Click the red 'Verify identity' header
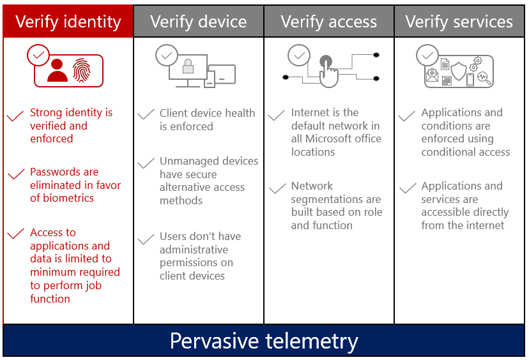(68, 22)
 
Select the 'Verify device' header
(198, 22)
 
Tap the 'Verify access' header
(328, 22)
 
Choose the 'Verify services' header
(459, 22)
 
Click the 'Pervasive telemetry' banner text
(264, 341)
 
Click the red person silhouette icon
(57, 70)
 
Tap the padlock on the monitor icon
(188, 66)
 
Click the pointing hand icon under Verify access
(328, 71)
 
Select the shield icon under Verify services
(459, 69)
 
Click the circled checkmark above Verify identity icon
(38, 56)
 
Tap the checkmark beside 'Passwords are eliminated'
(15, 175)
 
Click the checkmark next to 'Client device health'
(146, 115)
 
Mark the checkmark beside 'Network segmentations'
(277, 189)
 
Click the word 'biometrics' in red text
(68, 198)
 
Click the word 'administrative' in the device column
(194, 250)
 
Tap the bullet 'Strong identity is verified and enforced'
(71, 126)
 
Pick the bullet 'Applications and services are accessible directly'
(464, 206)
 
